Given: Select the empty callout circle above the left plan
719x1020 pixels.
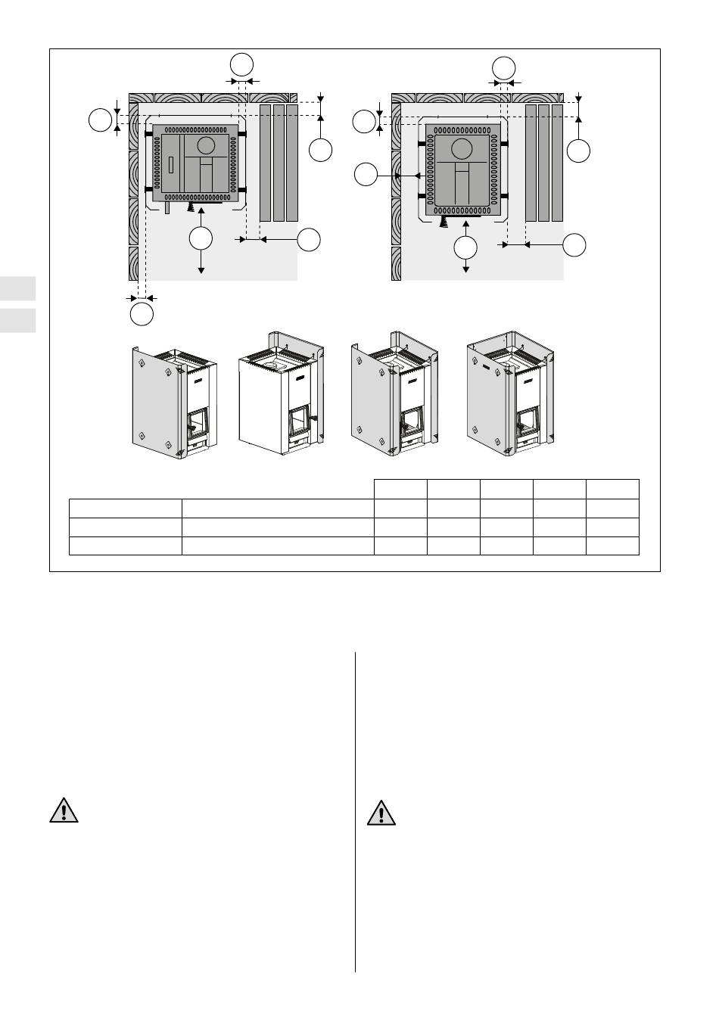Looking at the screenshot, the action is click(241, 64).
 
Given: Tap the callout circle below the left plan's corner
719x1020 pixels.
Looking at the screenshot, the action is click(142, 313).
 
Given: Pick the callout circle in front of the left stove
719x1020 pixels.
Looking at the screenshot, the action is click(201, 238).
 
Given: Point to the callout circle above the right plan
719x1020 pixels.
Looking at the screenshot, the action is click(503, 67).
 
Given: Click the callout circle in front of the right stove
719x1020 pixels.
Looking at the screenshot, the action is click(465, 247).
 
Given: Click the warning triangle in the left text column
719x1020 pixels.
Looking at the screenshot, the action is click(64, 811).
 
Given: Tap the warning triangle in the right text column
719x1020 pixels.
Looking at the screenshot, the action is click(381, 813).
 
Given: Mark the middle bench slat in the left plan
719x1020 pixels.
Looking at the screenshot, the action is click(279, 163).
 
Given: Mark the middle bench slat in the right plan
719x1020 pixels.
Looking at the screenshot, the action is click(543, 163).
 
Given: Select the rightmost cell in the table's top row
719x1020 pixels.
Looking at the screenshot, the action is click(613, 489).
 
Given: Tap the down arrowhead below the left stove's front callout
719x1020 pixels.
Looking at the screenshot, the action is click(201, 269).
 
